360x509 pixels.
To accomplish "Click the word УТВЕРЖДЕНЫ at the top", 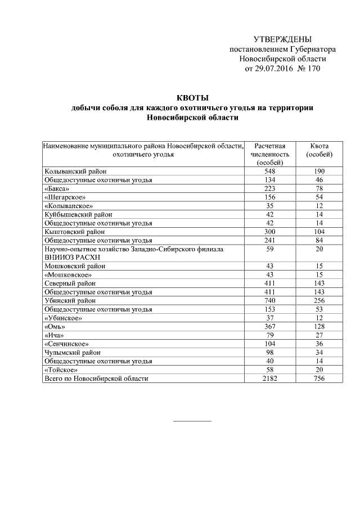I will [x=282, y=39].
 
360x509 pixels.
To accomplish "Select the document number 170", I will [x=310, y=69].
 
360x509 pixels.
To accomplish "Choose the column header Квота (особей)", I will [x=319, y=150].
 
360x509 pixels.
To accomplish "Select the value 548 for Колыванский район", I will [x=273, y=172].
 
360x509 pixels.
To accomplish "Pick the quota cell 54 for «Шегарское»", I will [x=319, y=197].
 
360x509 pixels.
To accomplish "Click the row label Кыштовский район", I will [x=74, y=231].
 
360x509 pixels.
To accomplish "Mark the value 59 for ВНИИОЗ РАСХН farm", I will [x=273, y=249].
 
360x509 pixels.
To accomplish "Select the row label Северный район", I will [x=70, y=283].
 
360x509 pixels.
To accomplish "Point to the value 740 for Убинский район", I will [x=273, y=300].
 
